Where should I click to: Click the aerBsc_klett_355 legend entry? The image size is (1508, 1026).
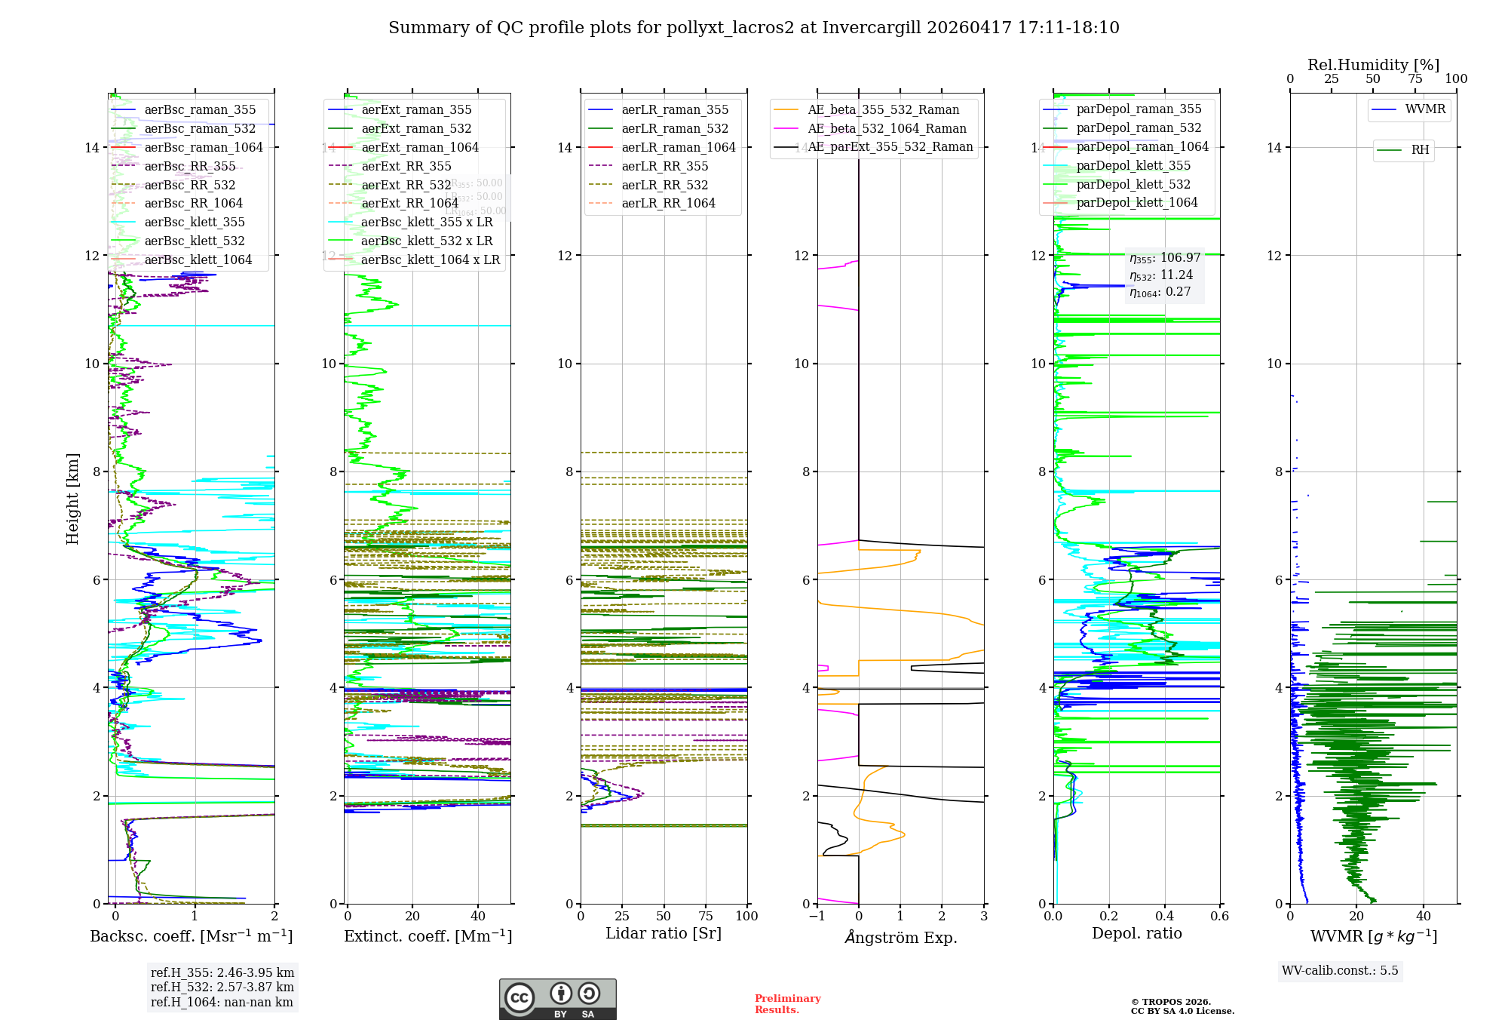[195, 222]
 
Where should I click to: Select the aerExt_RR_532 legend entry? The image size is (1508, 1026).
[406, 185]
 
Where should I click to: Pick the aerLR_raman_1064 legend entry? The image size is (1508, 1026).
[679, 147]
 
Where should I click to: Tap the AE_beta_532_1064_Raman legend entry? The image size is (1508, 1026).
[887, 128]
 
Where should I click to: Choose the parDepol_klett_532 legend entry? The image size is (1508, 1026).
[1133, 184]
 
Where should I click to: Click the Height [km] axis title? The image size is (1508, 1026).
[72, 498]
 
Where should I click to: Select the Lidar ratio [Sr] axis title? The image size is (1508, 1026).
[664, 933]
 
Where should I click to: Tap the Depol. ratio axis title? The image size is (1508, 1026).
[1136, 933]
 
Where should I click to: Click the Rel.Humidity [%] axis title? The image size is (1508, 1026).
[1373, 65]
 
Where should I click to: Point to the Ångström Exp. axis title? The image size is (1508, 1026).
[900, 937]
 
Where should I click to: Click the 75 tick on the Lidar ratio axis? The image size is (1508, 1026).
[706, 916]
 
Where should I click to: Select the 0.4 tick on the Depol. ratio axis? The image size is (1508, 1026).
[1164, 916]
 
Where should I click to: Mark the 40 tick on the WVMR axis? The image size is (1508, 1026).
[1424, 916]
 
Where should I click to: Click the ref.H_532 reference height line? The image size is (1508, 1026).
[222, 987]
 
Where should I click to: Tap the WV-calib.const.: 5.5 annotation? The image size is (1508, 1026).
[1340, 970]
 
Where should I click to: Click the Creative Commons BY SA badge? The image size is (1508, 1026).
[557, 999]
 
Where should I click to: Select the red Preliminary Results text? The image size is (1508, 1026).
[787, 1003]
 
